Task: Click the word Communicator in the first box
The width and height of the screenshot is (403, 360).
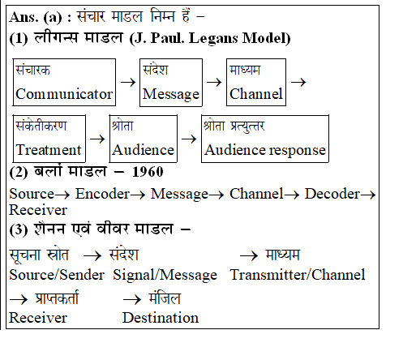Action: tap(64, 94)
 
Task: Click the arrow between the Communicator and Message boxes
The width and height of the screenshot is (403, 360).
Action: tap(128, 82)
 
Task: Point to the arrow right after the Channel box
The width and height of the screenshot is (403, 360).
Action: tap(298, 82)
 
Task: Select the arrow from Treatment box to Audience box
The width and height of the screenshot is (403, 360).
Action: tap(97, 139)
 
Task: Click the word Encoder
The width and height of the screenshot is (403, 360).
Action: tap(102, 194)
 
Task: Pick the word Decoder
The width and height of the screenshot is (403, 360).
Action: tap(332, 194)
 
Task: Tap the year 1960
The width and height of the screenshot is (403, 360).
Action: tap(148, 172)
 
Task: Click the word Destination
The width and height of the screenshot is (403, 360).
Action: tap(161, 318)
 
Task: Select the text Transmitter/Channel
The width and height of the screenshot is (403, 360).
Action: tap(298, 275)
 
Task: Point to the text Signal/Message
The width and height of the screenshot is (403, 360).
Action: tap(165, 275)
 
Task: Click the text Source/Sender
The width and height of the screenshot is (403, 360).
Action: tap(57, 275)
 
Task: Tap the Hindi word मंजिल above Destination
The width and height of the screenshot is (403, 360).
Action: tap(165, 298)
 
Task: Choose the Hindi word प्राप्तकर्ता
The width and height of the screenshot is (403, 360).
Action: tap(57, 298)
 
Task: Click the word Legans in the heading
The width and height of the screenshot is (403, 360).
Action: tap(213, 38)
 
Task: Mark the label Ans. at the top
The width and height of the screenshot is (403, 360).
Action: tap(24, 17)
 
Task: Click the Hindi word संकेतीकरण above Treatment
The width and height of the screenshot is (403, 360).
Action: tap(41, 126)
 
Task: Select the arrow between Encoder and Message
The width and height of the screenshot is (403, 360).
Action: tap(138, 195)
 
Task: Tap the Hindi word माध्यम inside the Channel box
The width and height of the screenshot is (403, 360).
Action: tap(245, 70)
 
